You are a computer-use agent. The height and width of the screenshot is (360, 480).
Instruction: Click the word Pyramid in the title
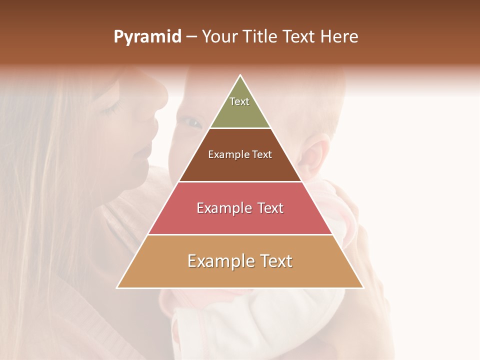[x=147, y=37]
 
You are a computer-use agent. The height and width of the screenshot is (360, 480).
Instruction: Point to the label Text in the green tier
[x=239, y=101]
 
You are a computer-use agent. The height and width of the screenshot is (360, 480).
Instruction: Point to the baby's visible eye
[x=190, y=121]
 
